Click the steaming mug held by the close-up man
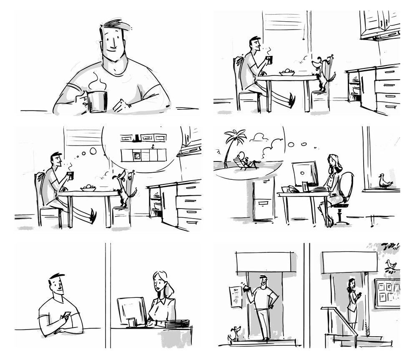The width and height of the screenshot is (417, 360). pyautogui.click(x=97, y=101)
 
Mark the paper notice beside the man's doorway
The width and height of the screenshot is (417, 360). pyautogui.click(x=236, y=297)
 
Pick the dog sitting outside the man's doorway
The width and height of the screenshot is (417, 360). pyautogui.click(x=234, y=333)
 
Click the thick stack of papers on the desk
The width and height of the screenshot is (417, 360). pyautogui.click(x=177, y=324)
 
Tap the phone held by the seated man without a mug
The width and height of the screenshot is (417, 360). pyautogui.click(x=66, y=316)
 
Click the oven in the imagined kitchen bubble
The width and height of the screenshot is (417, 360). pyautogui.click(x=137, y=155)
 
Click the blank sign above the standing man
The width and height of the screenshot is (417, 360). pyautogui.click(x=264, y=262)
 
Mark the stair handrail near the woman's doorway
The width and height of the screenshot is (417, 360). pyautogui.click(x=340, y=317)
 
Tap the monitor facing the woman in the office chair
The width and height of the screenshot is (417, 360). pyautogui.click(x=305, y=174)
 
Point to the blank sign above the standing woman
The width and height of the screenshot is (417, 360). pyautogui.click(x=349, y=262)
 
